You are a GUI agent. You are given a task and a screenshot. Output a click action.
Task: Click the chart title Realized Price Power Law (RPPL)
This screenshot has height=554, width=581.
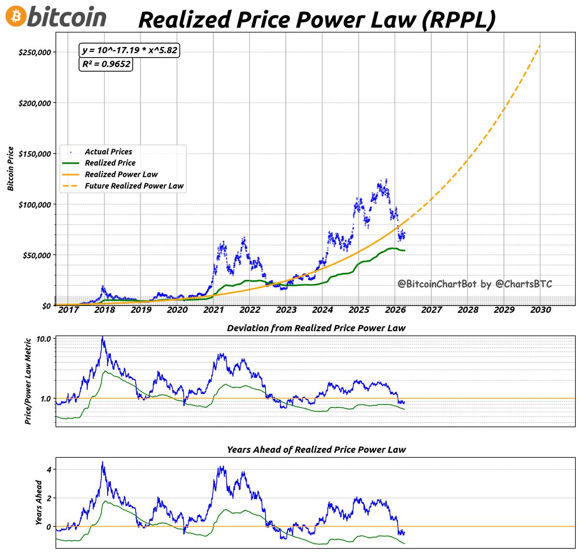[x=317, y=20]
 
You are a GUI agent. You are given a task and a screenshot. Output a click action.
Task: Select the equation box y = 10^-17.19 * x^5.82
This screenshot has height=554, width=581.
[x=129, y=50]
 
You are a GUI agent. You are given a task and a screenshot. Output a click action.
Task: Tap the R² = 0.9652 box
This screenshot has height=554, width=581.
[x=106, y=64]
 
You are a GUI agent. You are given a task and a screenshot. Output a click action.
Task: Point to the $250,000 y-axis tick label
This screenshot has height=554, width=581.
[x=34, y=52]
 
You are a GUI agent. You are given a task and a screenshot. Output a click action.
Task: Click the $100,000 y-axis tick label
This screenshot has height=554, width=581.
[x=34, y=204]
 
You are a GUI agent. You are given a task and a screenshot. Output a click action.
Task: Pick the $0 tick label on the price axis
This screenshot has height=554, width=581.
[x=46, y=306]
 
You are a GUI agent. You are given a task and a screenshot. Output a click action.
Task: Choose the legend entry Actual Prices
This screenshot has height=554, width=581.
[x=108, y=152]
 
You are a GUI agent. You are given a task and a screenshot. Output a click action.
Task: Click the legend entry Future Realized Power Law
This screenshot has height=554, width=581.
[x=134, y=186]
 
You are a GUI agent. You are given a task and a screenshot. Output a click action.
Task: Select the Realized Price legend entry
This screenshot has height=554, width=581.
[x=110, y=163]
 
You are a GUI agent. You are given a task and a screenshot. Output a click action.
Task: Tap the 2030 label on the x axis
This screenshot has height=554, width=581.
[x=540, y=310]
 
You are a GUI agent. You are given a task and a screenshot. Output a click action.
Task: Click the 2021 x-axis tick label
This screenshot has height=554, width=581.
[x=213, y=310]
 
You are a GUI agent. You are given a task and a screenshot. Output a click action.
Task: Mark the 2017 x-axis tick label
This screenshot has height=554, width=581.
[x=68, y=310]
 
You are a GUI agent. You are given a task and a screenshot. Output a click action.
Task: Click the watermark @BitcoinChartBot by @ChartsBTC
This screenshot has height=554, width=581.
[x=474, y=284]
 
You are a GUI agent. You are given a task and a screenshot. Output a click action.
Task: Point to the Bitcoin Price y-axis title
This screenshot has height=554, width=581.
[x=11, y=169]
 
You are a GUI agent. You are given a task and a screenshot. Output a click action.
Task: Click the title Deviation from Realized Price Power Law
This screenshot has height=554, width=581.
[x=316, y=328]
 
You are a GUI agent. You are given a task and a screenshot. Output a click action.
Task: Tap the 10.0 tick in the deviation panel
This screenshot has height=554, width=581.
[x=44, y=339]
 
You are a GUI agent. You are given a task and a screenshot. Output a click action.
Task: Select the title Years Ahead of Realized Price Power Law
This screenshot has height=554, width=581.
[x=316, y=450]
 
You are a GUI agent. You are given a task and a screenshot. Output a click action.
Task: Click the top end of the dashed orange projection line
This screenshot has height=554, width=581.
[x=540, y=46]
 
